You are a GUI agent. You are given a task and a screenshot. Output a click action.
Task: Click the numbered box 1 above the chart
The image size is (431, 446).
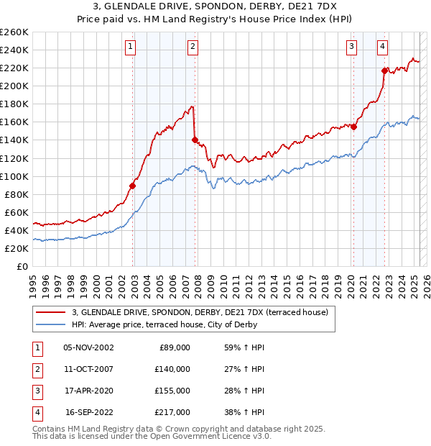pos(131,47)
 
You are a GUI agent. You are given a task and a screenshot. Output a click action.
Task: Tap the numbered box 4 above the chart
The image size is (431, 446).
pos(383,47)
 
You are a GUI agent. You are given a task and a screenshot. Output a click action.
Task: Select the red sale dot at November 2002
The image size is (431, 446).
pos(133,186)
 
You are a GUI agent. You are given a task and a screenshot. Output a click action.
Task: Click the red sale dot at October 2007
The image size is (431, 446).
pos(195,140)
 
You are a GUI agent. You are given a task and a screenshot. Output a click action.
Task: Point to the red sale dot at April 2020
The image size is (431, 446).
pos(354,126)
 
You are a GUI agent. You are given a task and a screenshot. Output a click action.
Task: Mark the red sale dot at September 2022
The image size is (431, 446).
pos(385,70)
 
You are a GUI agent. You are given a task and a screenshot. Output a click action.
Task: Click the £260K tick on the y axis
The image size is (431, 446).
pos(14,32)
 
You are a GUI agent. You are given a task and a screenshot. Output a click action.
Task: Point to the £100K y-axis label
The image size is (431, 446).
pos(14,176)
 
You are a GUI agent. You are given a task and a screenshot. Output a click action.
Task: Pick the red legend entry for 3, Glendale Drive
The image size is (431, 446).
pos(200,312)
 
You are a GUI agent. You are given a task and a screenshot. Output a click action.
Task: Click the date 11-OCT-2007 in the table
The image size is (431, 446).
pos(88,369)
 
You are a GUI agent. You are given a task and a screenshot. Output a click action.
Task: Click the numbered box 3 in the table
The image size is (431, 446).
pos(36,391)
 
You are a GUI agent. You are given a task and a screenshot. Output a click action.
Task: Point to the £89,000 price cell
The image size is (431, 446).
pos(173,347)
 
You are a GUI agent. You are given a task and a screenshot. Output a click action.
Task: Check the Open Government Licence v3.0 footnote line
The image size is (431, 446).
pos(152,437)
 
